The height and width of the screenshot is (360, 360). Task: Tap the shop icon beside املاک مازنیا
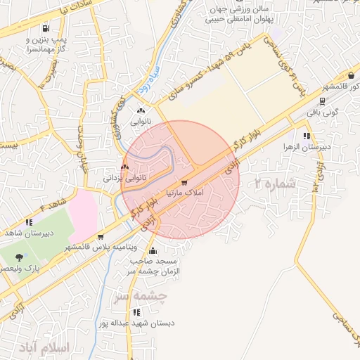pos(184,183)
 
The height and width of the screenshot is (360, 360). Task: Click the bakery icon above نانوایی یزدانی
pos(124,167)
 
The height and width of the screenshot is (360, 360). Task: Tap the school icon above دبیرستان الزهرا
pos(306,136)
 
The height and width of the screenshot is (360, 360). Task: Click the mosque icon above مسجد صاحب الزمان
pos(153,251)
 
